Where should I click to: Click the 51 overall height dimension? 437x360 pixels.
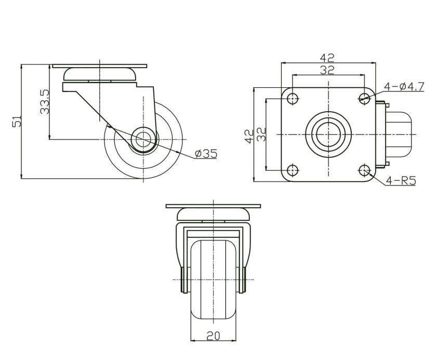coord(16,121)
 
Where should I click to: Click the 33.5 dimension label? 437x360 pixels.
coord(45,101)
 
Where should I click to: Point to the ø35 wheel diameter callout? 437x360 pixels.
coord(206,154)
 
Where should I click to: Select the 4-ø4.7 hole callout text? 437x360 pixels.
coord(404,87)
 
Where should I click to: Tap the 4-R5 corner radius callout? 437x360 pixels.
coord(401,181)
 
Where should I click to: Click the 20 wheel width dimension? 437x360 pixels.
coord(213,336)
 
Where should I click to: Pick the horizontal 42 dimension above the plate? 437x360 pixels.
coord(327,57)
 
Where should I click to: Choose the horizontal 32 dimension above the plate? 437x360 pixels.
coord(327,70)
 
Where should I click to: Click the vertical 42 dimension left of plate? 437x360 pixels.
coord(249,136)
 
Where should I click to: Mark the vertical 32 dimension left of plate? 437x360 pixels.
coord(261,135)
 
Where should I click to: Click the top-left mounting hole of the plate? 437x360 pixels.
coord(293,98)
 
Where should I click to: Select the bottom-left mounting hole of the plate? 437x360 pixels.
coord(293,170)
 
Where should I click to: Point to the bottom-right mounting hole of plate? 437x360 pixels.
coord(364,169)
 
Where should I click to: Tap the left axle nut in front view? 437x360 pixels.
coord(183,279)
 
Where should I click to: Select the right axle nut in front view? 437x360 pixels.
coord(244,279)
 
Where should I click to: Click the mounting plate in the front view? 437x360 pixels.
coord(213,206)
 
